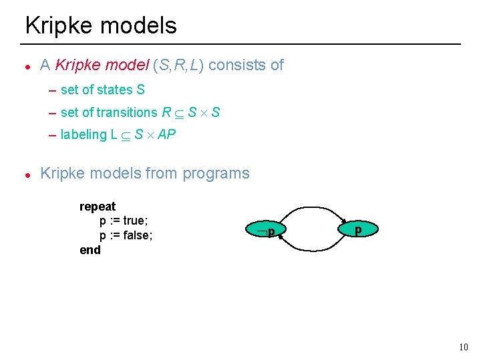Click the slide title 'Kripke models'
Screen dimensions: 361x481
[x=101, y=25]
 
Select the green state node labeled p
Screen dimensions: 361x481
[x=358, y=229]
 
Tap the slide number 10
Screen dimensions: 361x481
[x=464, y=347]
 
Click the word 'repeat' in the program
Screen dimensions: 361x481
[x=98, y=207]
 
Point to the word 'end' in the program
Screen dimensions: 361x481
[x=90, y=250]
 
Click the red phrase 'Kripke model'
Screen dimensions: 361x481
[x=102, y=66]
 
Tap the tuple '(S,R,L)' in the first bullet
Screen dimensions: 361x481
[x=178, y=66]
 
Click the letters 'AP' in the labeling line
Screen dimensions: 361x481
[x=166, y=134]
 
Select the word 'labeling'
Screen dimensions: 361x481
[x=84, y=134]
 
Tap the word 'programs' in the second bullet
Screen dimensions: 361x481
[x=218, y=173]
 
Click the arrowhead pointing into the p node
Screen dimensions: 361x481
[x=344, y=222]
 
